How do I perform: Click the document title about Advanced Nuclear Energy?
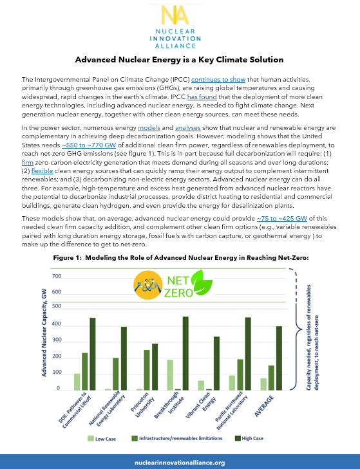pyautogui.click(x=180, y=60)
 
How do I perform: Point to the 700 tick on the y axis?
pyautogui.click(x=57, y=276)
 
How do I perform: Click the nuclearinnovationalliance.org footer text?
pyautogui.click(x=180, y=462)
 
